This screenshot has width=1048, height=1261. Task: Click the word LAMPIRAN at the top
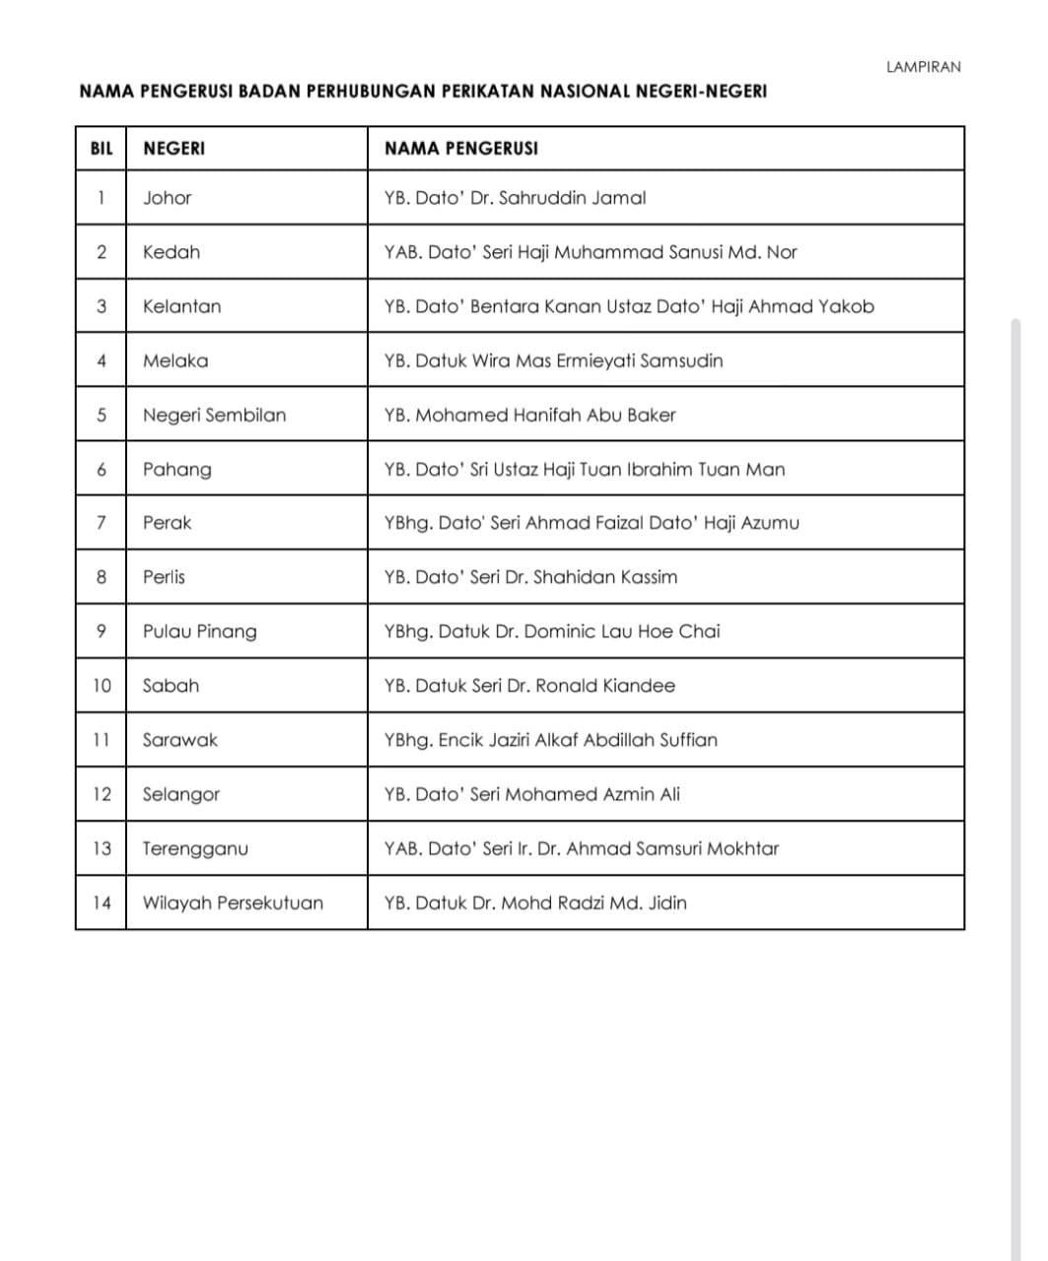pyautogui.click(x=923, y=67)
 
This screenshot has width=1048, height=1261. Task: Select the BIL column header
pyautogui.click(x=102, y=149)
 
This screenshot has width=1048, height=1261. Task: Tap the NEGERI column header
pyautogui.click(x=174, y=149)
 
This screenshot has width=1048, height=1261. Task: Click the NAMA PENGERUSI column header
pyautogui.click(x=460, y=149)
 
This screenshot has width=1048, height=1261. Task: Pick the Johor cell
pyautogui.click(x=167, y=198)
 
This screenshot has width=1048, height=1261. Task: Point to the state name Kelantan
pyautogui.click(x=181, y=306)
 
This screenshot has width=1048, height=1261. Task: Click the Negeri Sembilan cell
pyautogui.click(x=214, y=415)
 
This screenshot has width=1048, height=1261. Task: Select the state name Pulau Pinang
pyautogui.click(x=199, y=631)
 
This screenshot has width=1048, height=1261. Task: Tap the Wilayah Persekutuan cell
pyautogui.click(x=233, y=902)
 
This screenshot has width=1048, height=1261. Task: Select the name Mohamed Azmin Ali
pyautogui.click(x=592, y=794)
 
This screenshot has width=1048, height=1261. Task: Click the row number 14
pyautogui.click(x=102, y=902)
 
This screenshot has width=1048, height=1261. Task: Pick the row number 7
pyautogui.click(x=102, y=523)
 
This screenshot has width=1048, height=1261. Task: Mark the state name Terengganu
pyautogui.click(x=195, y=848)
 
